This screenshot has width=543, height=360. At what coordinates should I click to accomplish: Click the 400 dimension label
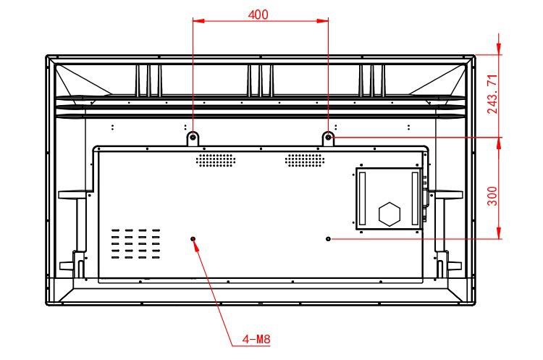tap(258, 14)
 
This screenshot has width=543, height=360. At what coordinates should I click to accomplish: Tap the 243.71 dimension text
tap(492, 94)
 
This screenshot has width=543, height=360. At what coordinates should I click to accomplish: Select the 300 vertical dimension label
tap(492, 196)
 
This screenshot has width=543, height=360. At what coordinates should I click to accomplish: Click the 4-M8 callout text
tap(256, 339)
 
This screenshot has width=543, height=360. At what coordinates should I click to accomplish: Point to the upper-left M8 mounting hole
tap(193, 137)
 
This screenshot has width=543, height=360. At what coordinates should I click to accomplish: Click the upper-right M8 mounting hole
tap(328, 137)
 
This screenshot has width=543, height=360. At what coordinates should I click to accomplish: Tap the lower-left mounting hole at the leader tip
tap(193, 239)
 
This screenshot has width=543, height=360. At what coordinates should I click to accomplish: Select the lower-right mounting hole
tap(328, 239)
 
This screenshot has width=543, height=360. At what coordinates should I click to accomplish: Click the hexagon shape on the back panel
tap(390, 214)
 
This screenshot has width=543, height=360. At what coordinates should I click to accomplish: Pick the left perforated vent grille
tap(216, 160)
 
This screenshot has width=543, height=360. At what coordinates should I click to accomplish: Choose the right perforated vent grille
tap(305, 160)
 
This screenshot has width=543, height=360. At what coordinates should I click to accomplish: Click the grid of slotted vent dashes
tap(136, 244)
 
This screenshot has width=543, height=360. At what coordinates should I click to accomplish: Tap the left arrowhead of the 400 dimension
tap(198, 21)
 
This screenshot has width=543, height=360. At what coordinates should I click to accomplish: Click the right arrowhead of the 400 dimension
tap(323, 21)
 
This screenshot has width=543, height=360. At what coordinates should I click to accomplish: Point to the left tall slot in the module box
tap(362, 198)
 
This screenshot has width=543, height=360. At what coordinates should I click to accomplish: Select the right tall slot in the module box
tap(415, 198)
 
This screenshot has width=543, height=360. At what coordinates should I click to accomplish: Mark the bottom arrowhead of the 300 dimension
tap(499, 233)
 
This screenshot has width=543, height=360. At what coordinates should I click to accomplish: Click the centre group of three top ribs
tap(261, 80)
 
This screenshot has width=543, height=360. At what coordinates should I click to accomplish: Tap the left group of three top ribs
tap(148, 80)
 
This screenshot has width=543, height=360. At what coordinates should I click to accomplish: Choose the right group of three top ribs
tap(372, 80)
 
